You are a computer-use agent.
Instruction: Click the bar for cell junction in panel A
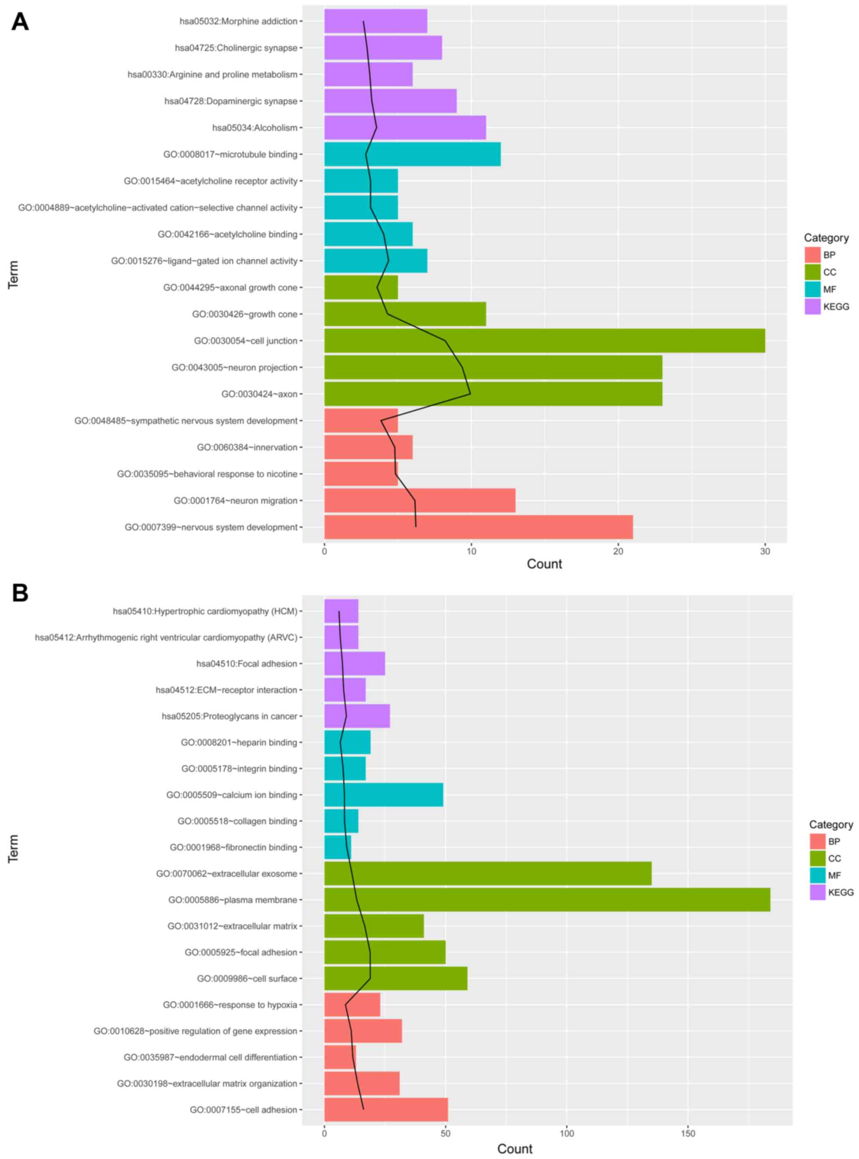pos(544,341)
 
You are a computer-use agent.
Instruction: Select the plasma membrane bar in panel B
pos(547,900)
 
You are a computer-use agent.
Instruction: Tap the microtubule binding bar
pos(412,154)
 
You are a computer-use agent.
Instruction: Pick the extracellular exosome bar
pos(488,873)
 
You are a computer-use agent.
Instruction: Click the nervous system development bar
pos(478,527)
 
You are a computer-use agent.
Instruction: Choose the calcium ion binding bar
pos(384,794)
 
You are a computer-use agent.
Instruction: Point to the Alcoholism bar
pos(405,127)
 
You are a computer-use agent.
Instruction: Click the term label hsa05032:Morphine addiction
pos(238,21)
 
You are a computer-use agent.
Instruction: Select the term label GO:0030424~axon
pos(259,394)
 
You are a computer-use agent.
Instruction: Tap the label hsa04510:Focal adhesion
pos(247,664)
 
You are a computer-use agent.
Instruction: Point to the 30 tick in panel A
pos(765,551)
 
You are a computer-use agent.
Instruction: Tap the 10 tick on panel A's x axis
pos(471,551)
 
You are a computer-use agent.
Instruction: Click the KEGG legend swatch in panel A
pos(812,306)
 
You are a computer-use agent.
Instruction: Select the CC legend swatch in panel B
pos(818,858)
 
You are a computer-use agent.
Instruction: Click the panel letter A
pos(20,22)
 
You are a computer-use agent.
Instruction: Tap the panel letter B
pos(20,593)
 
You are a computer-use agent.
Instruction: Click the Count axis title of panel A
pos(544,564)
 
